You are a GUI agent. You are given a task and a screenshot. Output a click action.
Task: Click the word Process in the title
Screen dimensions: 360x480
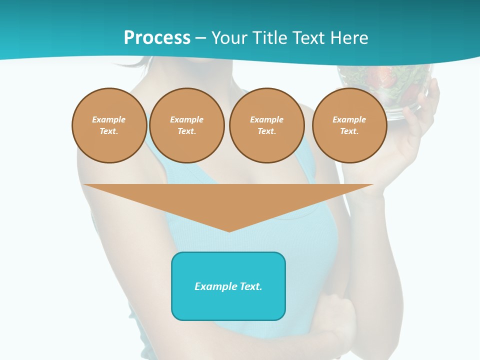click(x=157, y=38)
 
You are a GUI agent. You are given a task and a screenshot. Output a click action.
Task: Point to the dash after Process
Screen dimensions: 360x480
click(x=200, y=38)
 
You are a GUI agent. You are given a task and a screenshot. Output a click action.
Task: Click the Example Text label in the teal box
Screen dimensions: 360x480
click(x=228, y=286)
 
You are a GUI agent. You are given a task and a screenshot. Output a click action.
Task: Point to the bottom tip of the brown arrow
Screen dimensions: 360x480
click(x=229, y=230)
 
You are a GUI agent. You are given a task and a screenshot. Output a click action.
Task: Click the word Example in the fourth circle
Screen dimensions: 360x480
click(x=349, y=119)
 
